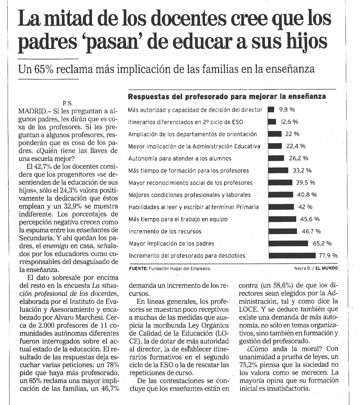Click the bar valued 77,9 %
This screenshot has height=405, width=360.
click(292, 255)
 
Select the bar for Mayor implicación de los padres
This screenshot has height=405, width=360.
click(288, 243)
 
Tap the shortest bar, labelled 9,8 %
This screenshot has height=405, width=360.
click(271, 110)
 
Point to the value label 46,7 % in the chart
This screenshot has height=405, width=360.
click(311, 231)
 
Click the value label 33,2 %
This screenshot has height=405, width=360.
click(302, 170)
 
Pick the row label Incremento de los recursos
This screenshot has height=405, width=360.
click(165, 231)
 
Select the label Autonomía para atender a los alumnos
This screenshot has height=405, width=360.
click(180, 158)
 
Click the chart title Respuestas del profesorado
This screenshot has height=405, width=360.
click(227, 97)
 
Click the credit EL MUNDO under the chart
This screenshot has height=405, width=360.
click(326, 268)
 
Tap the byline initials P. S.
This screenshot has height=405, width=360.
click(67, 103)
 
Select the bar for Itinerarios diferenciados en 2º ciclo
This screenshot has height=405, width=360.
click(272, 122)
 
